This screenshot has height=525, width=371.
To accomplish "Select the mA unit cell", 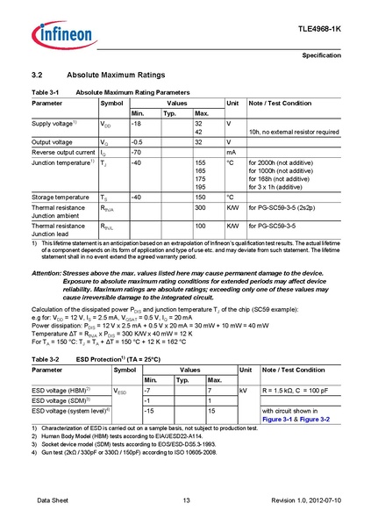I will tap(231, 152).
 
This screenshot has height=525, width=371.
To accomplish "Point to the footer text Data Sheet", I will tap(54, 500).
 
